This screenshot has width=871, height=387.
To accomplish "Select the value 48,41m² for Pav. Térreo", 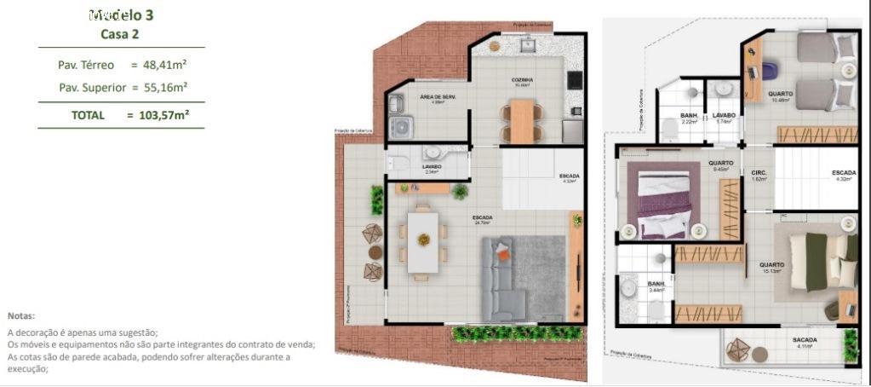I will click(x=163, y=65).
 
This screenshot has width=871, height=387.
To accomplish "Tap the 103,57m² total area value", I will click(x=163, y=115).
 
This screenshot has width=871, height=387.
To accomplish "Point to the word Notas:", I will click(x=21, y=315).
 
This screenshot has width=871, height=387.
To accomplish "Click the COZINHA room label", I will click(x=522, y=80).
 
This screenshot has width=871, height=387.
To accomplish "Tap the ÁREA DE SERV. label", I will click(x=438, y=97).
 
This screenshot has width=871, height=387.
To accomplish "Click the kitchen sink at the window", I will click(x=527, y=43).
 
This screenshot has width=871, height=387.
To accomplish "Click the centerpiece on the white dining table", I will click(x=422, y=240).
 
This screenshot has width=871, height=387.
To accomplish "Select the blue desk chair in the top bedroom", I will click(x=769, y=66).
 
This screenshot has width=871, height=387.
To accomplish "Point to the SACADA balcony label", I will click(x=805, y=340).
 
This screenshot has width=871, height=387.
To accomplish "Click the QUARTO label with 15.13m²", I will click(x=771, y=265).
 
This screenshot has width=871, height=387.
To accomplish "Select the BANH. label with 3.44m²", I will click(x=656, y=284).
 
